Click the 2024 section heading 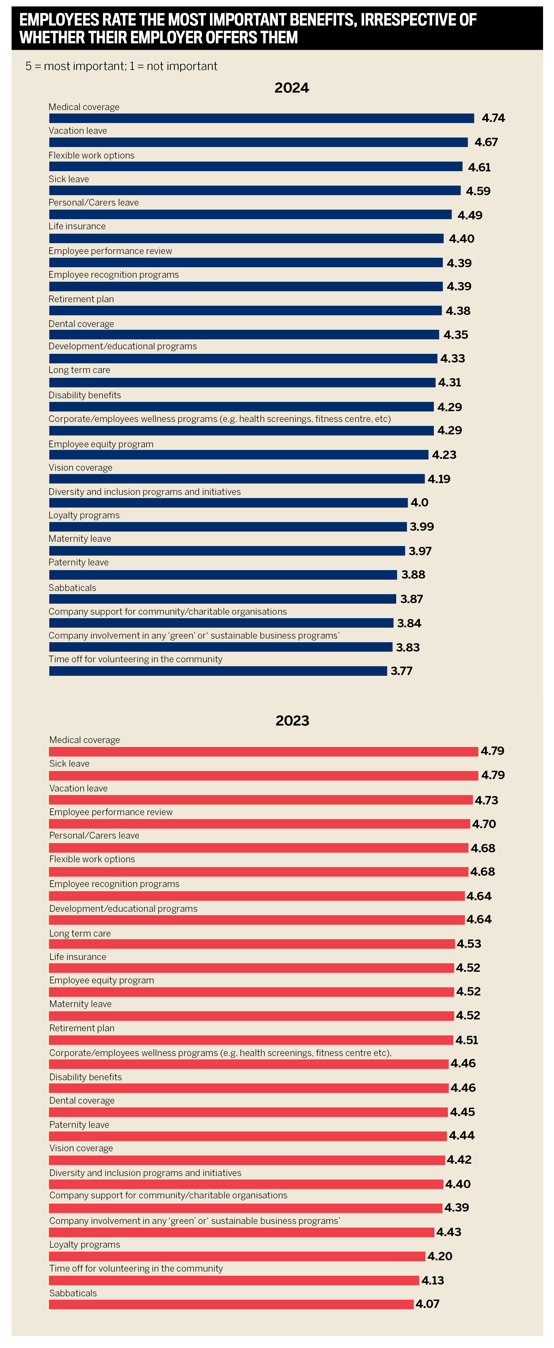[x=292, y=88]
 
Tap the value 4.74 [x=493, y=118]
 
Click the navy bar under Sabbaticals [x=222, y=599]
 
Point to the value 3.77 [x=402, y=671]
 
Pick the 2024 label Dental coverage [x=81, y=324]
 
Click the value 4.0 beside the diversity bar [x=419, y=502]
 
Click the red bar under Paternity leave [x=248, y=1136]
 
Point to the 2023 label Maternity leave [x=80, y=1004]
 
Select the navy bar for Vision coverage [x=237, y=479]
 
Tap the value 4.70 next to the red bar [x=484, y=824]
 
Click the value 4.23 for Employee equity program [x=444, y=455]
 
